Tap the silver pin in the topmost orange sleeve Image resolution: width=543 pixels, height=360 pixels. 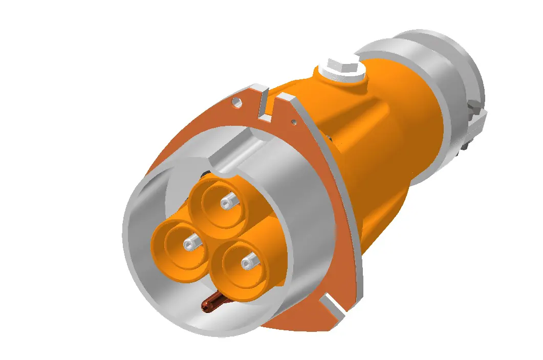click(x=226, y=204)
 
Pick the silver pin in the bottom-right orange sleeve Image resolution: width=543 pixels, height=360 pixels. click(x=248, y=262)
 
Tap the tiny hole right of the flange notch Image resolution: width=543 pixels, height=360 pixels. click(x=293, y=122)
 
